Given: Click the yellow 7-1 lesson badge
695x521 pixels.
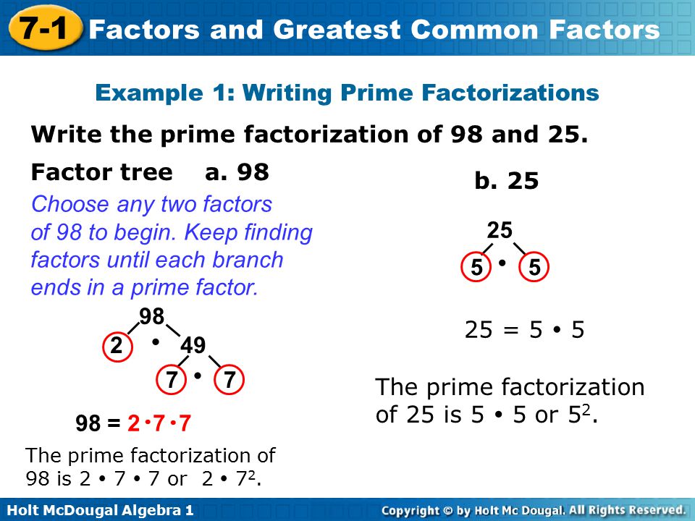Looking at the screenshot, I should click(x=44, y=28).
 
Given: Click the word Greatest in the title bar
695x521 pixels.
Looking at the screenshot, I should click(x=334, y=30).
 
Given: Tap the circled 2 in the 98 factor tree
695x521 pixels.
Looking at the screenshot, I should click(x=116, y=347).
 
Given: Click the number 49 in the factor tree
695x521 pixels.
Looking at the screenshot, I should click(x=193, y=346).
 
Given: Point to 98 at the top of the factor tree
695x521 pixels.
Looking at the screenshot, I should click(x=152, y=316).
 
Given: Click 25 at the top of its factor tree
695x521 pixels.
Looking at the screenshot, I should click(x=500, y=231).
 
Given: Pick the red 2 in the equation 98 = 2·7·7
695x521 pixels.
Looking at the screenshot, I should click(x=132, y=423).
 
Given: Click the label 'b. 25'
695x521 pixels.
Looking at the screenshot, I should click(x=507, y=181).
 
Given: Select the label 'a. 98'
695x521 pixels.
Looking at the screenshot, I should click(x=237, y=172).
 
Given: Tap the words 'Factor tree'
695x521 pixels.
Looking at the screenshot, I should click(x=102, y=172).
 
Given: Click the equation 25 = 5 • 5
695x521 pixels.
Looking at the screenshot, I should click(x=524, y=331).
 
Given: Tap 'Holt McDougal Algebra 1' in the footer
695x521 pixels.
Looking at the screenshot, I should click(x=97, y=510).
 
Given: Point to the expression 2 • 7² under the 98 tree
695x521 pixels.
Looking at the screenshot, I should click(x=231, y=478).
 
